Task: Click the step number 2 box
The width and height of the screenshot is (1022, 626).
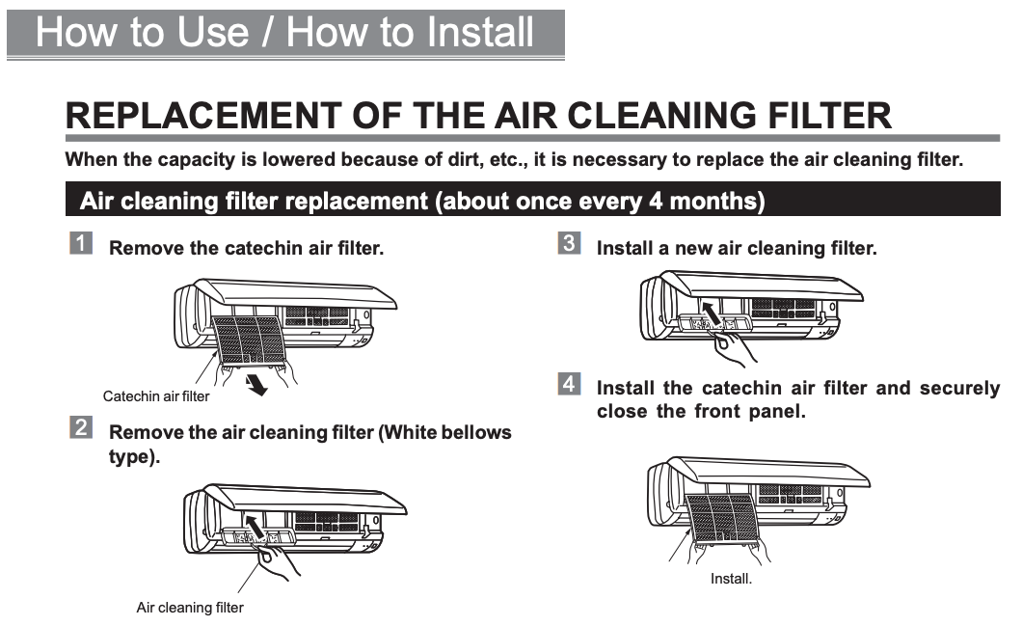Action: pos(80,427)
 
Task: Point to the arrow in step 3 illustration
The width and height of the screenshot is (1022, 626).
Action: pos(711,312)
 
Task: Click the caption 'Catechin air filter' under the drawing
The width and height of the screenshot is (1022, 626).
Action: pos(156,396)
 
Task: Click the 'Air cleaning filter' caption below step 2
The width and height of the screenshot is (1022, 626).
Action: pos(190,608)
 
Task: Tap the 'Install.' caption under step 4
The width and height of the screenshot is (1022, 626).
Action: pos(731,579)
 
